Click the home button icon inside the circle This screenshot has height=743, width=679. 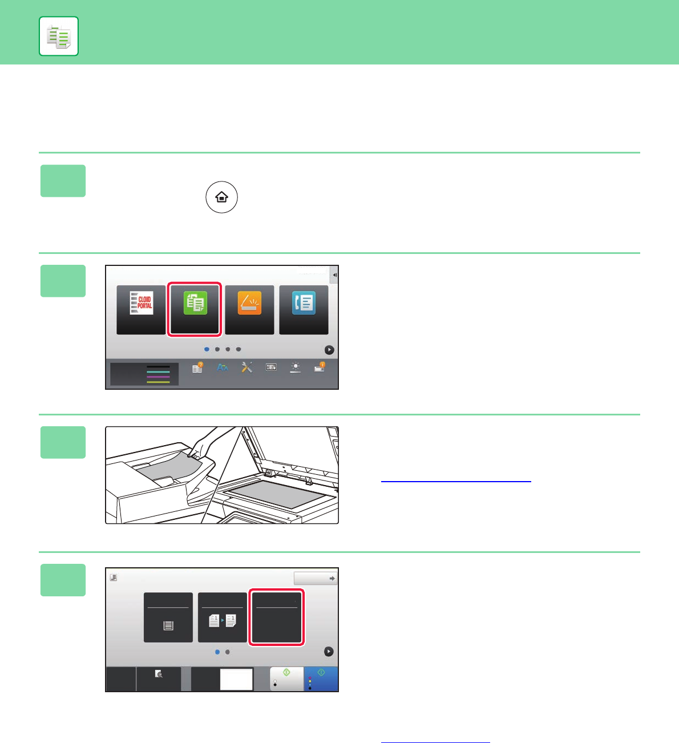point(221,197)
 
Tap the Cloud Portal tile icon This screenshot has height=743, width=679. point(141,302)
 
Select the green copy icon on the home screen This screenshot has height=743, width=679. point(195,302)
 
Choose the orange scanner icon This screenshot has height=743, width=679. point(249,302)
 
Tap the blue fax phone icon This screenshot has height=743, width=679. point(304,302)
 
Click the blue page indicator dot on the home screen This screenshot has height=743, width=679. point(207,349)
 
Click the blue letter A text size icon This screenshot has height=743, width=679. point(223,367)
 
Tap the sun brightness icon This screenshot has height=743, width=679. point(295,367)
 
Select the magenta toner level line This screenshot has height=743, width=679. point(158,377)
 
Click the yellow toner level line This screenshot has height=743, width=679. point(158,382)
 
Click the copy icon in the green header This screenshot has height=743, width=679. point(59,37)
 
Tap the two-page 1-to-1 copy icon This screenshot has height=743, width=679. point(223,620)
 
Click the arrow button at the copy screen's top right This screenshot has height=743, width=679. point(315,578)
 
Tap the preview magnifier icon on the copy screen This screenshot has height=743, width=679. point(159,674)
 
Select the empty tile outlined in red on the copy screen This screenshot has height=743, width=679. point(276,617)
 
